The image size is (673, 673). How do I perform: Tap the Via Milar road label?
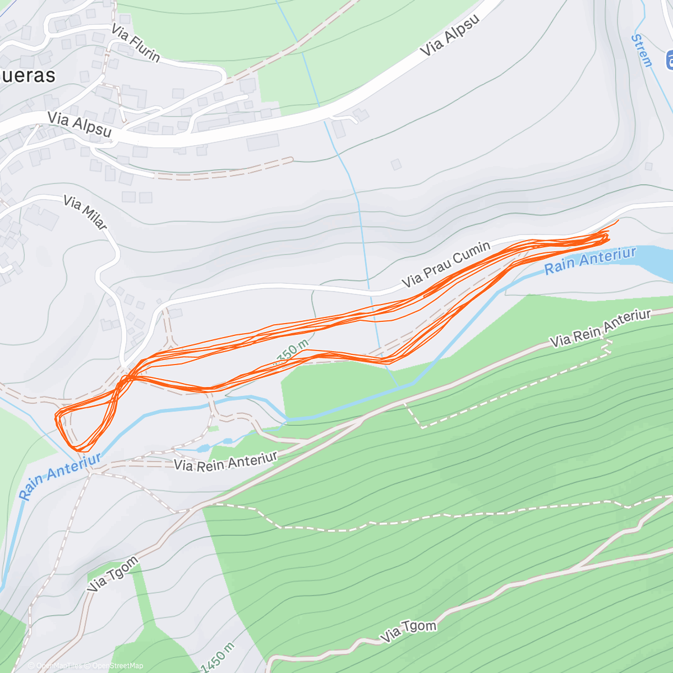(85, 212)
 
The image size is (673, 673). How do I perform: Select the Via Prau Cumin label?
(446, 264)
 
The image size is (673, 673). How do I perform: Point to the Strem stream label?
(642, 50)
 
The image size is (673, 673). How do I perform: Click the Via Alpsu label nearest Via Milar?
(80, 125)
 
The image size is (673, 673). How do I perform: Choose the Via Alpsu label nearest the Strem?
(450, 35)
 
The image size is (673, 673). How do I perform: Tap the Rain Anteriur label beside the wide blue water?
(591, 261)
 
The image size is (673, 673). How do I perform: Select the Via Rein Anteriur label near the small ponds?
(225, 462)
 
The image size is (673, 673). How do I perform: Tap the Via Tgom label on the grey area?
(113, 574)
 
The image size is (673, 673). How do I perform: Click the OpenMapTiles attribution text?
(59, 666)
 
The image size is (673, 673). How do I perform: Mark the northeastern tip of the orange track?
(618, 220)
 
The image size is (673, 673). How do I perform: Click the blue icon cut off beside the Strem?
(669, 59)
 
